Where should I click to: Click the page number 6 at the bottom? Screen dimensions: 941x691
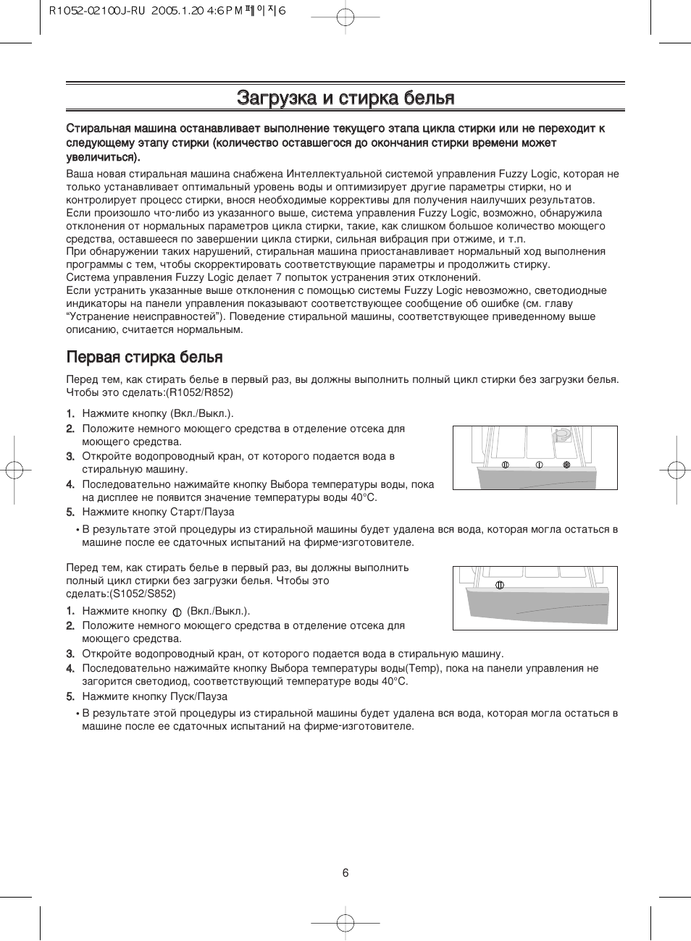(x=345, y=873)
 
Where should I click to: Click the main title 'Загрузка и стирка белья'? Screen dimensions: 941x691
(x=345, y=98)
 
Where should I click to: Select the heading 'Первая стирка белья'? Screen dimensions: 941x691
(x=145, y=357)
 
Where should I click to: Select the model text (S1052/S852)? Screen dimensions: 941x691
(x=143, y=594)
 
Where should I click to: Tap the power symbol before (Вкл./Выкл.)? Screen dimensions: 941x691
(x=177, y=612)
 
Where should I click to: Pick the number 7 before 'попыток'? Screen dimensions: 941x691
(x=278, y=277)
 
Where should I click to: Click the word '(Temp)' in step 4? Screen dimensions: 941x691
(x=423, y=668)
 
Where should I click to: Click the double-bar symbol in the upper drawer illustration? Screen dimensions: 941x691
(x=505, y=465)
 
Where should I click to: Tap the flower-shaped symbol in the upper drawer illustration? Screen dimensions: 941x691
(x=567, y=464)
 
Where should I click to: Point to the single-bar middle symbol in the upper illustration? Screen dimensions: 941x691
(x=539, y=465)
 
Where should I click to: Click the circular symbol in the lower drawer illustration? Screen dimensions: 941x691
(x=499, y=585)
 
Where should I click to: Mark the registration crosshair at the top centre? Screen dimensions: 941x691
(x=345, y=17)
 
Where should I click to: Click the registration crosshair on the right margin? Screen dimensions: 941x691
(x=675, y=470)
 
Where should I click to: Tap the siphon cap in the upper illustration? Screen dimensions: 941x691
(x=561, y=435)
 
